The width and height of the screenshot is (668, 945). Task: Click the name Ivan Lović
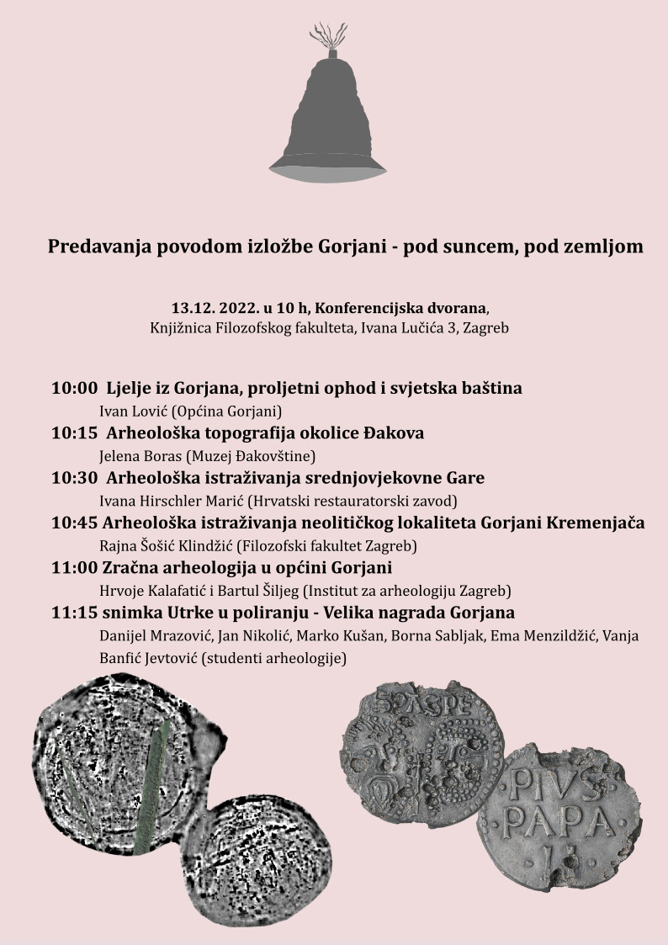coord(135,411)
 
